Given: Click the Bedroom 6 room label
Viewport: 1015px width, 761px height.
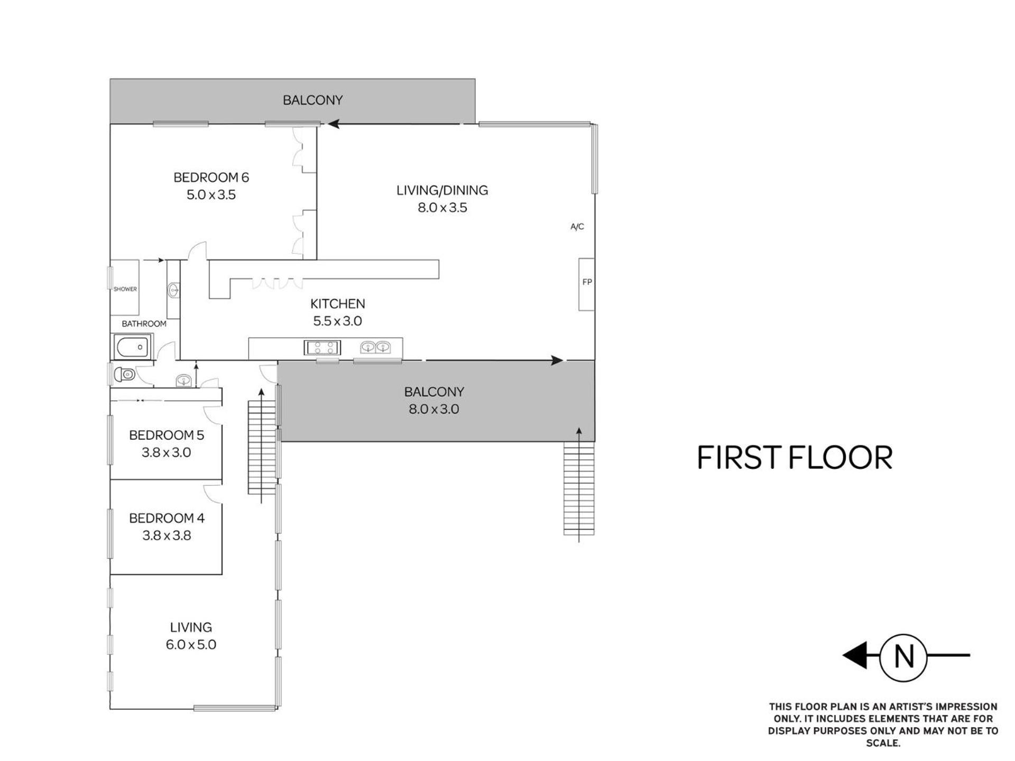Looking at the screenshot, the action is click(x=211, y=178).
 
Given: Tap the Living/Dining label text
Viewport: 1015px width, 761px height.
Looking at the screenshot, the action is click(x=442, y=190).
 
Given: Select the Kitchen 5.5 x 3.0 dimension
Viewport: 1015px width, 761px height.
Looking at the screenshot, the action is click(x=337, y=321).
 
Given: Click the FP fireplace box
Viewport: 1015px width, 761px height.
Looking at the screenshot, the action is click(x=586, y=284).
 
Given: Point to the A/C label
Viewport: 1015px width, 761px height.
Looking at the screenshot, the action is click(x=577, y=227).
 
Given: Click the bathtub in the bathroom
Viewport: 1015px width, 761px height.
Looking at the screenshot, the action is click(x=132, y=348).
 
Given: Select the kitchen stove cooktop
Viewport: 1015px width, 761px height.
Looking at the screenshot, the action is click(x=322, y=347).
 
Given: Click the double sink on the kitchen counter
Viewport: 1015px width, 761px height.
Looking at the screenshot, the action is click(x=375, y=347).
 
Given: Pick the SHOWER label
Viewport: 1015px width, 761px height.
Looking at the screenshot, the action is click(x=125, y=289).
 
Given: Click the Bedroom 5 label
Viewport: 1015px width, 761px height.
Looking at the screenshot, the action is click(x=167, y=435).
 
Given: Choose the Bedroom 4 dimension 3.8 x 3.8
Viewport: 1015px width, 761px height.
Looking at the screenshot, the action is click(x=167, y=535).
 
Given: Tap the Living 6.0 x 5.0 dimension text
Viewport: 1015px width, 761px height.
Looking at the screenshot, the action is click(x=191, y=645).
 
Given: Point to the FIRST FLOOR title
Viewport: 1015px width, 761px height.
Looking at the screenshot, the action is click(x=795, y=458).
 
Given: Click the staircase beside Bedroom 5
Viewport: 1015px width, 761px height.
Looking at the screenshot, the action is click(x=262, y=447).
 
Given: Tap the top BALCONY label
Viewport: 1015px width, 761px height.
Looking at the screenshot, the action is click(x=312, y=100).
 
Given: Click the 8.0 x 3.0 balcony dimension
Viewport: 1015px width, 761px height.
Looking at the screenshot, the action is click(x=433, y=409).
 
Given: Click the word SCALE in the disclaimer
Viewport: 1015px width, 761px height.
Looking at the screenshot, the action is click(x=882, y=743).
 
